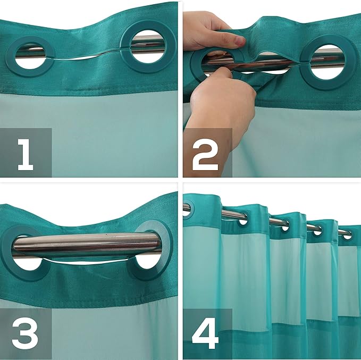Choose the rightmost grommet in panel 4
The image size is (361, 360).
(x=347, y=233)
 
